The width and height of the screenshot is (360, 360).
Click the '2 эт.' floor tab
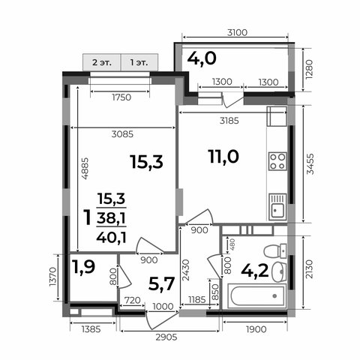click(x=102, y=62)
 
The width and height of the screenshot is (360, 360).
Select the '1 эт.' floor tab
click(x=139, y=62)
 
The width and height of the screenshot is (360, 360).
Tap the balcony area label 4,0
click(x=202, y=58)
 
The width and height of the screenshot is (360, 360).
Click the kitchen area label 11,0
click(x=223, y=157)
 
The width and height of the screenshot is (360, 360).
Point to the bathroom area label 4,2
click(x=255, y=271)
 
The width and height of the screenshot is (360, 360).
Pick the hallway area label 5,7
click(x=161, y=284)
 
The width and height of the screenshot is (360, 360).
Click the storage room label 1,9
click(x=83, y=266)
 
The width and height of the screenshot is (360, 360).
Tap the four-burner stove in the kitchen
click(x=277, y=161)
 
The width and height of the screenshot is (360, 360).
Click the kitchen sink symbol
click(x=277, y=207)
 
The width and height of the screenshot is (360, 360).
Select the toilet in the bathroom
click(x=275, y=251)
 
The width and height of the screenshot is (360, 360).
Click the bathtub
click(x=256, y=296)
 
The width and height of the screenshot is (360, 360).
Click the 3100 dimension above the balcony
click(x=237, y=32)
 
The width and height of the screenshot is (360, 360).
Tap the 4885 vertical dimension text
click(x=85, y=168)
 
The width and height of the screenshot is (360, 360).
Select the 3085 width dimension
click(x=122, y=134)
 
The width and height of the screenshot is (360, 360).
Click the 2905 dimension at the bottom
click(x=166, y=337)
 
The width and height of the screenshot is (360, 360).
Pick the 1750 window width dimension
click(x=121, y=97)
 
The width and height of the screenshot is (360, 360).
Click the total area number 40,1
click(x=111, y=237)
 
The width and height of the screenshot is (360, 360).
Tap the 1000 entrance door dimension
click(x=163, y=306)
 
